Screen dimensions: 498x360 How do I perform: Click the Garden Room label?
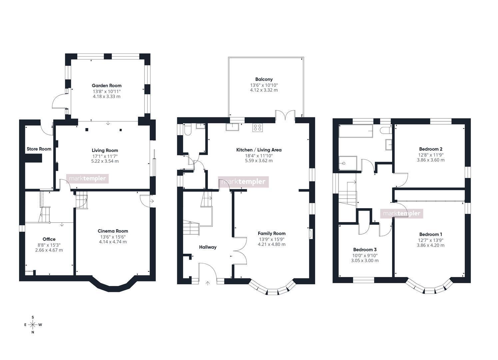(107, 86)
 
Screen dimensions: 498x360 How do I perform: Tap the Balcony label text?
(264, 79)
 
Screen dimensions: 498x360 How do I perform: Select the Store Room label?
(39, 149)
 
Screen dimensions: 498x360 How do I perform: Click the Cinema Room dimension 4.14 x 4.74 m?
(113, 242)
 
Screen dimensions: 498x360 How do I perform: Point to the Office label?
(49, 239)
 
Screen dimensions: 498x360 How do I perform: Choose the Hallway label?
(208, 247)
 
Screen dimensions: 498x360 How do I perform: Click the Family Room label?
(272, 234)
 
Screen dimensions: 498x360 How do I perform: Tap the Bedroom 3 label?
(365, 250)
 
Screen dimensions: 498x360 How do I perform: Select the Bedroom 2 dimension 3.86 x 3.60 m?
(431, 160)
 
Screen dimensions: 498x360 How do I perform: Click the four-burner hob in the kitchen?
(257, 128)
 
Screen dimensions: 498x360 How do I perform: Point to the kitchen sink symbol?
(233, 127)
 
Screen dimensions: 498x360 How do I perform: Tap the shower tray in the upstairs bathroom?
(348, 164)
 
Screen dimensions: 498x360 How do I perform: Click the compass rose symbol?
(33, 325)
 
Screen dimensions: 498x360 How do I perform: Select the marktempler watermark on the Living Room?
(87, 179)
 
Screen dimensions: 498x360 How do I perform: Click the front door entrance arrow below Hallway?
(208, 283)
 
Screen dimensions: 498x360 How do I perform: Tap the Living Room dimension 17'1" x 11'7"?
(105, 156)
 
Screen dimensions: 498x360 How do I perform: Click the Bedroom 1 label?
(431, 235)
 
